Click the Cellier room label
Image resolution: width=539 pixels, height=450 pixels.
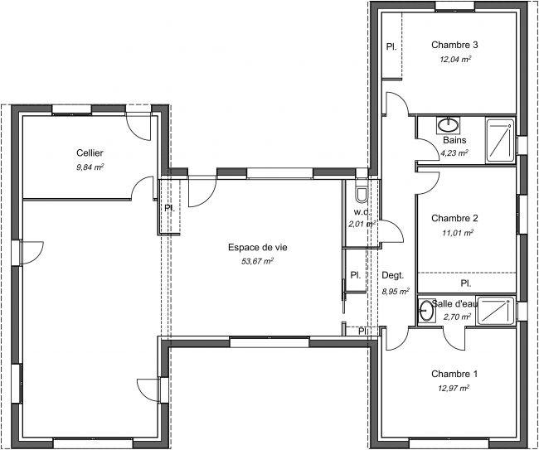[90, 152]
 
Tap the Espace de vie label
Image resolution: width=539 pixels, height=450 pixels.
[258, 247]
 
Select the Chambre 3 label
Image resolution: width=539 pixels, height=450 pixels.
[454, 45]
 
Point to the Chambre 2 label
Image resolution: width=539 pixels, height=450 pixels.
[454, 218]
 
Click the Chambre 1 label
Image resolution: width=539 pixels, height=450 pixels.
[454, 374]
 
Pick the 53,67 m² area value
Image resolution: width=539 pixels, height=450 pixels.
[257, 261]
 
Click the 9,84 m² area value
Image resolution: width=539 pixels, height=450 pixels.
[90, 167]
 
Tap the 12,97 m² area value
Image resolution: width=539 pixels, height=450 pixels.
[454, 388]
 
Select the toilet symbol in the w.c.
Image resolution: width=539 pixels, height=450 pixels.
[362, 195]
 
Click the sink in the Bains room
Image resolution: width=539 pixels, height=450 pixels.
[449, 125]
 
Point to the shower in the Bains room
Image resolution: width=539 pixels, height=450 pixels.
[501, 140]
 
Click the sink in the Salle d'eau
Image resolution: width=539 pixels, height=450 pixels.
[426, 311]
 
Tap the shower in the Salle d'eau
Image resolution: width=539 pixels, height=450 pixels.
[496, 311]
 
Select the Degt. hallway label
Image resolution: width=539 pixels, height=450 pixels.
[393, 275]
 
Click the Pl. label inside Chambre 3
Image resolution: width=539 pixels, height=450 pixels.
[391, 46]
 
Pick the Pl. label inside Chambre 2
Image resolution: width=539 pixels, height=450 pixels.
[466, 283]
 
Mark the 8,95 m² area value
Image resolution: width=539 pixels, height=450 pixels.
[396, 292]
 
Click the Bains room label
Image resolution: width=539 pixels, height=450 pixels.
[454, 140]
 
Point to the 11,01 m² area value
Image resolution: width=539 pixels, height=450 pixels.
[458, 233]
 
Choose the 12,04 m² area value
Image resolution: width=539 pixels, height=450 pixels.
[455, 59]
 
